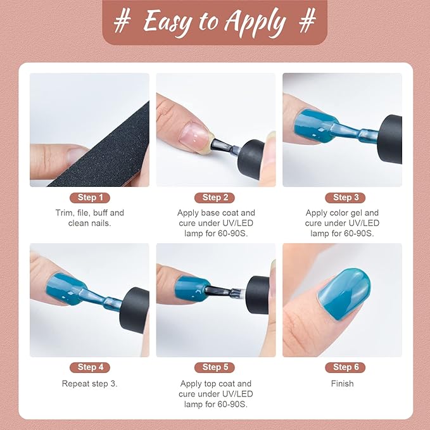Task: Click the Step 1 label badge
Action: point(89,198)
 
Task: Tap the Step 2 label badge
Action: point(215,198)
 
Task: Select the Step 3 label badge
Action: point(342,198)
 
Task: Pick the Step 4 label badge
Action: point(89,367)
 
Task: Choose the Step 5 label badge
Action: point(215,367)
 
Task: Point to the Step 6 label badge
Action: point(342,367)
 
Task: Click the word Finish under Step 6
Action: point(342,384)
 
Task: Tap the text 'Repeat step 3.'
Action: point(89,384)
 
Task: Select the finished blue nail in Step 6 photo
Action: point(346,292)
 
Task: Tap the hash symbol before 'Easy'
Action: point(123,22)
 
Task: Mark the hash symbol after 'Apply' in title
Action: point(308,22)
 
